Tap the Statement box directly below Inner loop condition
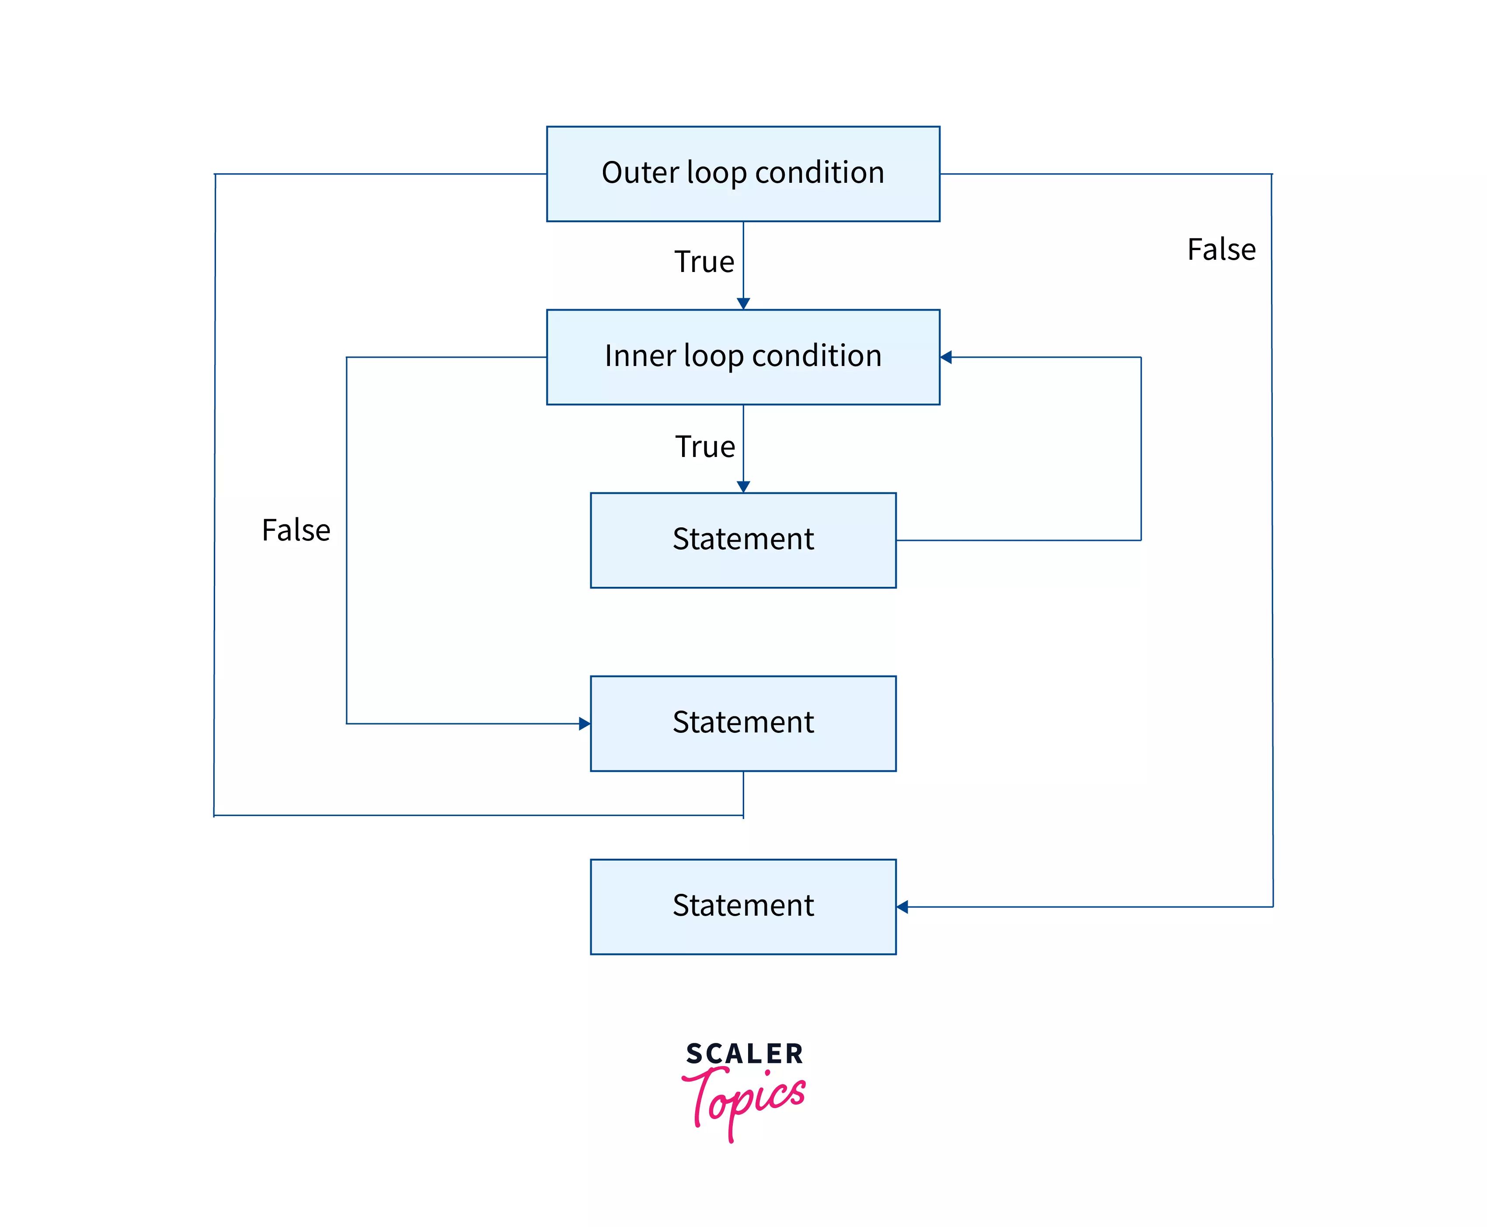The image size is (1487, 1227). [x=743, y=540]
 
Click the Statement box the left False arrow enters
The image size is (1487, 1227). [x=743, y=723]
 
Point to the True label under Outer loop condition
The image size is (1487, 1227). [x=704, y=261]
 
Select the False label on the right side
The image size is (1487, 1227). [x=1221, y=250]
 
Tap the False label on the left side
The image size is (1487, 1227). [x=296, y=530]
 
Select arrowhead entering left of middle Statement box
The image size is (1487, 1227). [x=584, y=723]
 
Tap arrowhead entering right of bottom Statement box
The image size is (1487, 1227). [x=902, y=907]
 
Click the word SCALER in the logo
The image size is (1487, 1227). [x=744, y=1054]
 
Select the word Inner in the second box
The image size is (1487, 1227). [x=640, y=356]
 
